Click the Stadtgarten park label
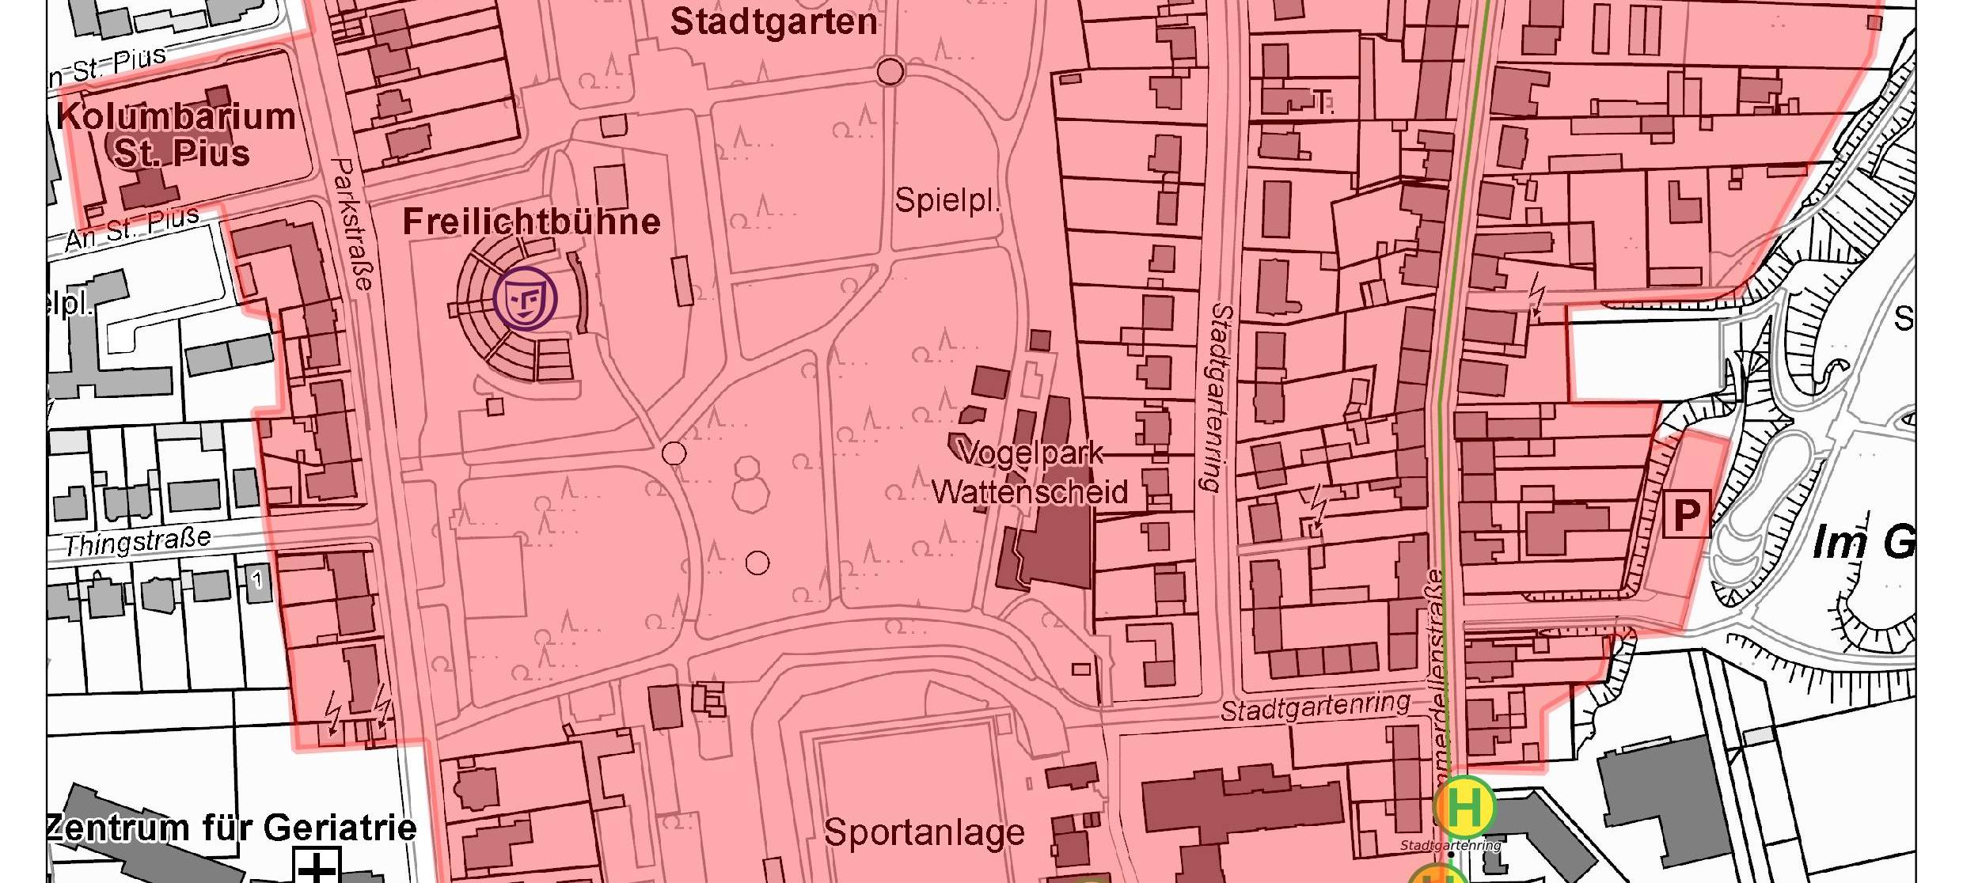pos(773,22)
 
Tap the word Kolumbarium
pos(177,117)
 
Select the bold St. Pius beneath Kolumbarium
pos(182,153)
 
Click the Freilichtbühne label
pos(531,222)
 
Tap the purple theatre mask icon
pos(525,298)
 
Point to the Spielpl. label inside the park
pos(947,201)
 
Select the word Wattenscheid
pos(1029,492)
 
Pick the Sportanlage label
pos(924,833)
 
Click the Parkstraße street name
pos(352,224)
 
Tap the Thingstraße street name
pos(137,543)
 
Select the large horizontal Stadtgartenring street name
pos(1315,707)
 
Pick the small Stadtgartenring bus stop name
pos(1450,846)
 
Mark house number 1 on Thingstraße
pos(256,580)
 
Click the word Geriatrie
pos(340,828)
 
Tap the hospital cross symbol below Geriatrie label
pos(317,867)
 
